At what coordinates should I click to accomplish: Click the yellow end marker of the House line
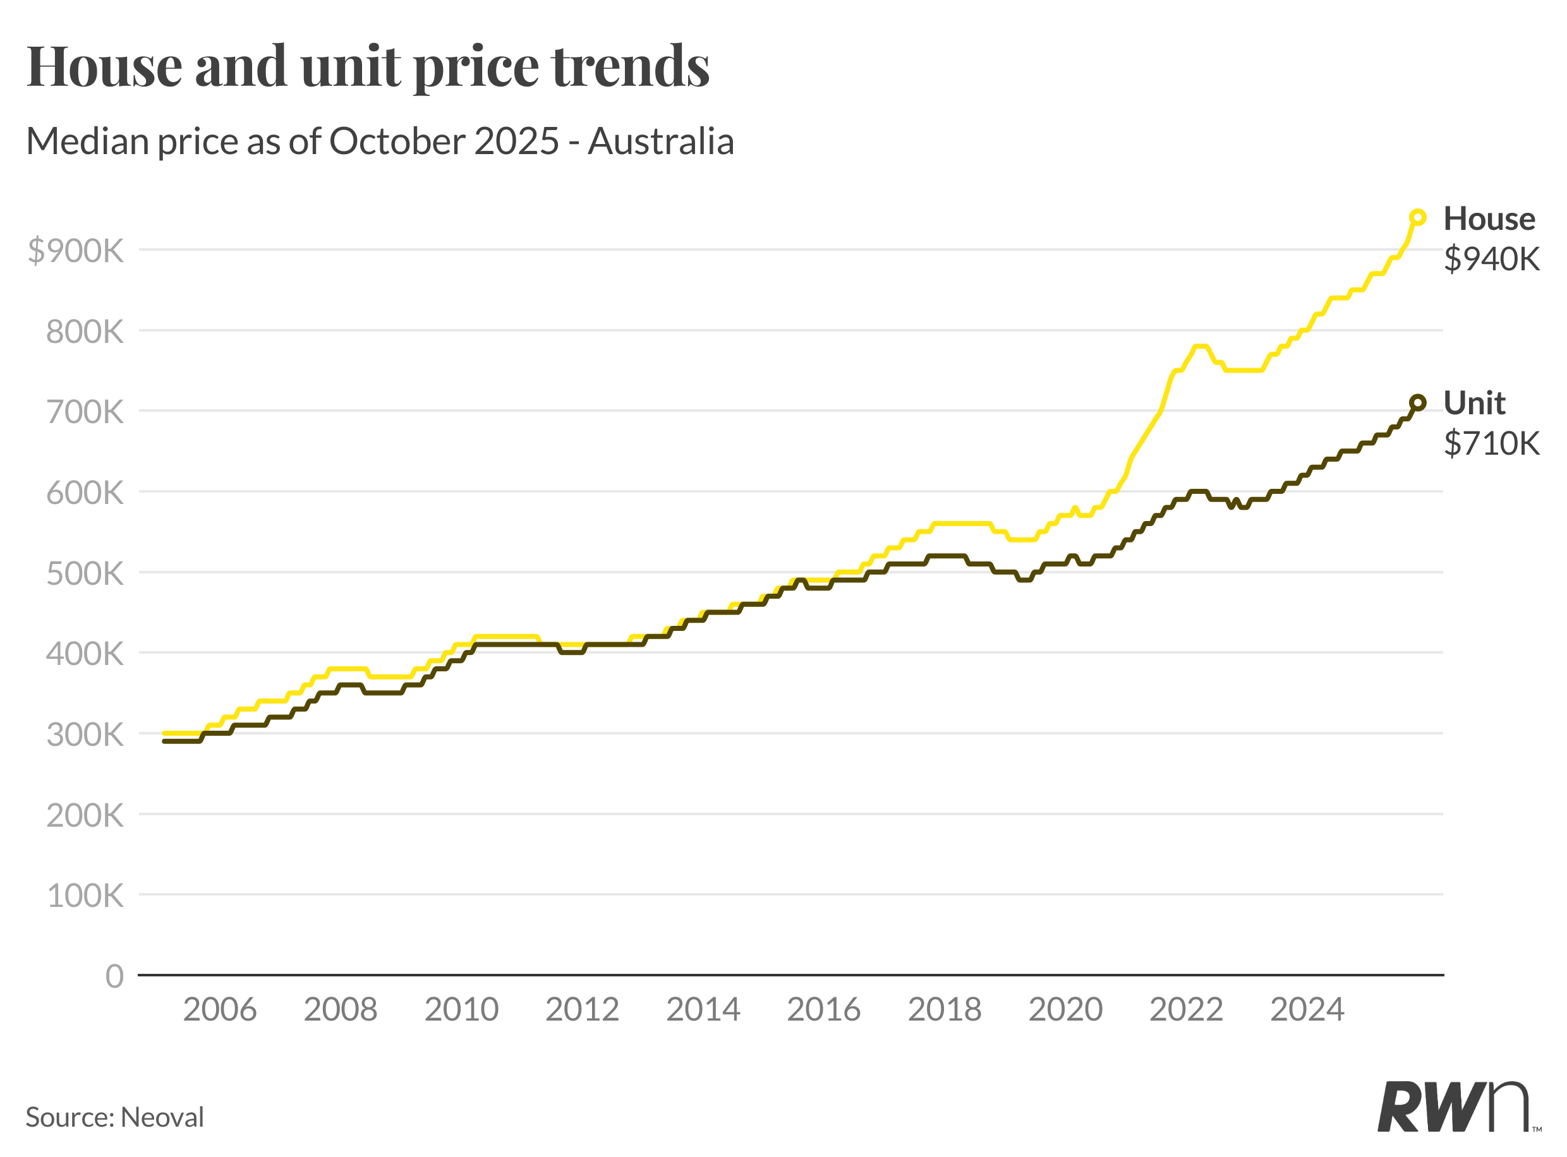(x=1417, y=218)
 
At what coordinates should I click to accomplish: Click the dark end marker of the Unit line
(x=1417, y=403)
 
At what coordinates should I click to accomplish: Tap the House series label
(x=1489, y=219)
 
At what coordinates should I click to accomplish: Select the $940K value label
(x=1491, y=259)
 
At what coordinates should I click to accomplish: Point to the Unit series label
(x=1475, y=404)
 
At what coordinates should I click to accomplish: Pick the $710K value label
(x=1491, y=443)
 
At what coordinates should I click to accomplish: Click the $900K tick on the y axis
(x=76, y=250)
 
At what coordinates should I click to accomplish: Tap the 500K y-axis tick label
(x=85, y=573)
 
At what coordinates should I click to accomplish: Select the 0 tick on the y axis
(x=114, y=976)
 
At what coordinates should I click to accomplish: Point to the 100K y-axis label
(x=85, y=896)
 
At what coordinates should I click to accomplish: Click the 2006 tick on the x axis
(x=220, y=1010)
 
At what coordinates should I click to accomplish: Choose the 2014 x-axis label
(x=703, y=1010)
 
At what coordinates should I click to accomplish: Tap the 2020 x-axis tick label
(x=1065, y=1010)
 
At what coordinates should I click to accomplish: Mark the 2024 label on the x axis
(x=1307, y=1010)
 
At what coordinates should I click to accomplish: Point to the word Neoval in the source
(x=162, y=1117)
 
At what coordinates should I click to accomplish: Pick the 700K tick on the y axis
(x=85, y=412)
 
